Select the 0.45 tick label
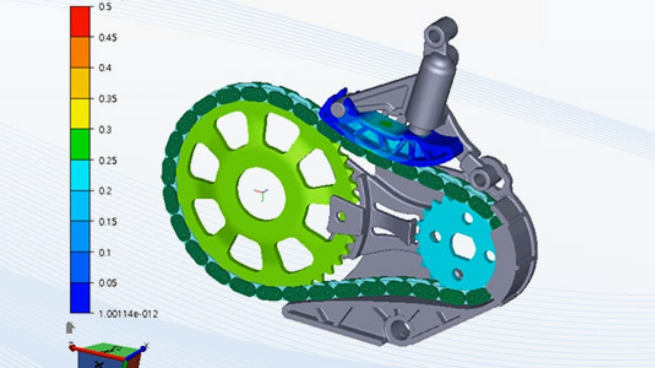(x=107, y=38)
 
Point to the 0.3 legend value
(x=105, y=130)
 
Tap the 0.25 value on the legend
(x=107, y=160)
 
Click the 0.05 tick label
(x=107, y=283)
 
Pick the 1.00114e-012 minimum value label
(x=128, y=314)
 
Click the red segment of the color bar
(x=80, y=21)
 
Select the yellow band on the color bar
(x=80, y=113)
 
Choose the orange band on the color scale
(x=80, y=52)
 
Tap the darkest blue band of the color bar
(x=80, y=297)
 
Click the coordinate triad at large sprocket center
(x=261, y=194)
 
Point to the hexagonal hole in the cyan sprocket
(x=463, y=246)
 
